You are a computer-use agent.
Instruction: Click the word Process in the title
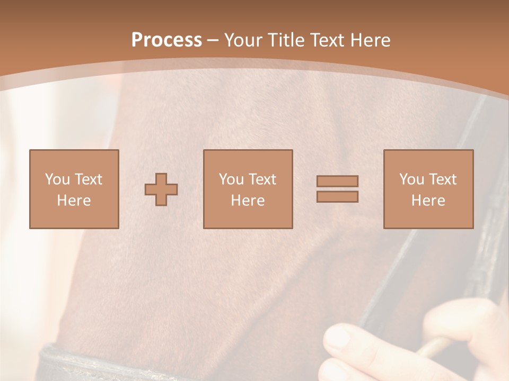point(166,40)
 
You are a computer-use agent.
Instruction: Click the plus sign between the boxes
point(161,189)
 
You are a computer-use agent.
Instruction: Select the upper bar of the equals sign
point(337,181)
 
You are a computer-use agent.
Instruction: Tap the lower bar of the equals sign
point(337,197)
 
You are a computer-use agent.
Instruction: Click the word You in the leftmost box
point(56,179)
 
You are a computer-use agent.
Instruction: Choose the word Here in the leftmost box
point(74,201)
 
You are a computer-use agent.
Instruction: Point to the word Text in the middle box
point(262,179)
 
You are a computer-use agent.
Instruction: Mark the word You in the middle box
point(230,179)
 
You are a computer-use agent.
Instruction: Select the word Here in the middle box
point(248,201)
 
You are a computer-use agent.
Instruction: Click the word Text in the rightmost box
point(442,179)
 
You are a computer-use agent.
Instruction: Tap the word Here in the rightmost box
point(428,201)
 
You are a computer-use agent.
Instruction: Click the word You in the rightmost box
point(410,179)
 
